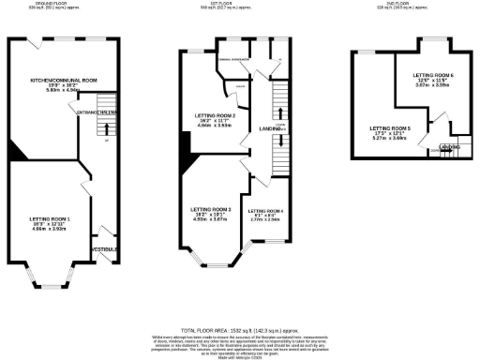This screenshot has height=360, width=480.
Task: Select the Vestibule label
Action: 102,248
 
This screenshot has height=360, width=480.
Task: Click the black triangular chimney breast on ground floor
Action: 15,153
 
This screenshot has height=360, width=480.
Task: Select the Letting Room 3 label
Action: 211,209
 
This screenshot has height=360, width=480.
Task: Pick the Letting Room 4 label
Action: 266,212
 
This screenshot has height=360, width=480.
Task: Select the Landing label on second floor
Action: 450,147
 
